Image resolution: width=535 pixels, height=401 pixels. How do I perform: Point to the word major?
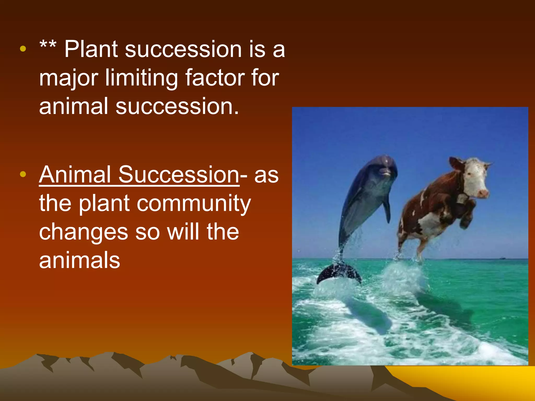68,78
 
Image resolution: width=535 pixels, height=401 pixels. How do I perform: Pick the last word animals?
79,260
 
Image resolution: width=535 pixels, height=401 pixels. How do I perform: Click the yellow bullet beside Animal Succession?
23,174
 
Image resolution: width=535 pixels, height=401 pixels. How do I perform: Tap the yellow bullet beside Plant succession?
23,49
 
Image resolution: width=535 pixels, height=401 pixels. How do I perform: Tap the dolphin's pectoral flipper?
387,209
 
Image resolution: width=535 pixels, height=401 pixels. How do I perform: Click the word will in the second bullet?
184,232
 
